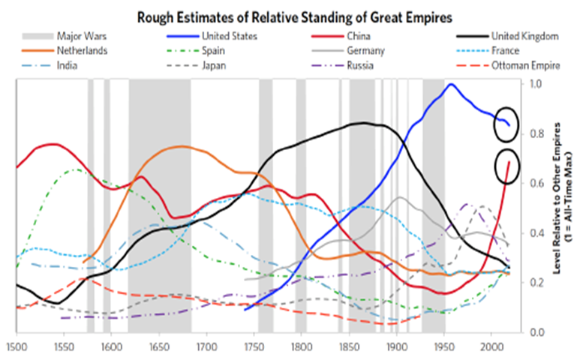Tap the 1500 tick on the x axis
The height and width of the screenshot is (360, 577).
pos(16,346)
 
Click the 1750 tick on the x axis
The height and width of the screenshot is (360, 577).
pos(254,346)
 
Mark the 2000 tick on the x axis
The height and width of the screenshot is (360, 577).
pos(492,346)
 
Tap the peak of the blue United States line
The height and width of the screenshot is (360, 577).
pos(450,84)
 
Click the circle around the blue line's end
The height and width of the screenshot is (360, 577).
pos(506,125)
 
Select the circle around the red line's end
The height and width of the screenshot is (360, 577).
pos(508,167)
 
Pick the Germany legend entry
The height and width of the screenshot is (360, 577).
pos(367,50)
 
